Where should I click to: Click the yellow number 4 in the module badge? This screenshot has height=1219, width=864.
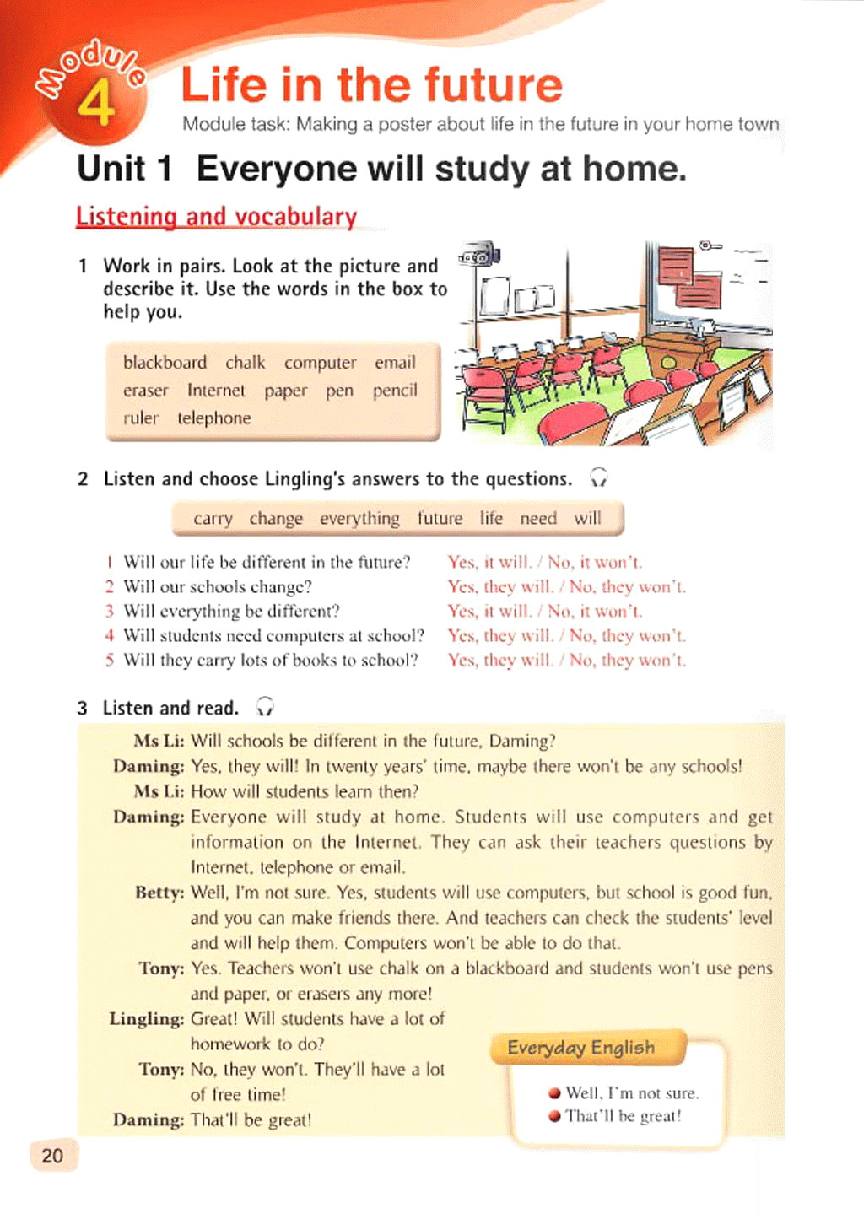pyautogui.click(x=96, y=103)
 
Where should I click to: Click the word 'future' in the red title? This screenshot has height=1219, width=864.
pyautogui.click(x=493, y=84)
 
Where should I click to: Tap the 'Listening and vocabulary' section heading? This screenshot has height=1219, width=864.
pyautogui.click(x=216, y=217)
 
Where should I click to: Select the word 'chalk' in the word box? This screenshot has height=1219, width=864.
pyautogui.click(x=245, y=363)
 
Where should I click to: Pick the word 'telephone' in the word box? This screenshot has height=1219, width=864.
pyautogui.click(x=213, y=418)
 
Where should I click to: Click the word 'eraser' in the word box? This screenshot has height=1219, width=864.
pyautogui.click(x=145, y=391)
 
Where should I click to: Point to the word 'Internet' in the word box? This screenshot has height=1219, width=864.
pyautogui.click(x=216, y=391)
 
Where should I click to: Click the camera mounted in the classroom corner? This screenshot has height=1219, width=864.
pyautogui.click(x=478, y=255)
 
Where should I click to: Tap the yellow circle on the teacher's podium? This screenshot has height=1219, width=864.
pyautogui.click(x=668, y=363)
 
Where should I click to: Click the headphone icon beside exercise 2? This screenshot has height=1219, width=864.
pyautogui.click(x=598, y=478)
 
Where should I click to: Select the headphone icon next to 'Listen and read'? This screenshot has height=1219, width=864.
pyautogui.click(x=265, y=707)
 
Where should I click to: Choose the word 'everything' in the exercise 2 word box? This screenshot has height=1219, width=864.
pyautogui.click(x=359, y=518)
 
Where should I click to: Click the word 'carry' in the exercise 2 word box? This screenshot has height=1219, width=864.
pyautogui.click(x=213, y=518)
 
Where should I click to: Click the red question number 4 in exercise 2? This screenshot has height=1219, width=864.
pyautogui.click(x=109, y=635)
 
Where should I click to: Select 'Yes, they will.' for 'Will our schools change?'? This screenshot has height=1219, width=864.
pyautogui.click(x=500, y=586)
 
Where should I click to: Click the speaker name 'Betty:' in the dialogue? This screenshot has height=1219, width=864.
pyautogui.click(x=159, y=893)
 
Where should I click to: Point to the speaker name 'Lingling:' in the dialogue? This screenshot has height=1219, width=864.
pyautogui.click(x=146, y=1019)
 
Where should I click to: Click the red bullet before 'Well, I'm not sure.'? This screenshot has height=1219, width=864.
pyautogui.click(x=554, y=1093)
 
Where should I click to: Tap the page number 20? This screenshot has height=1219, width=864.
pyautogui.click(x=52, y=1156)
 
